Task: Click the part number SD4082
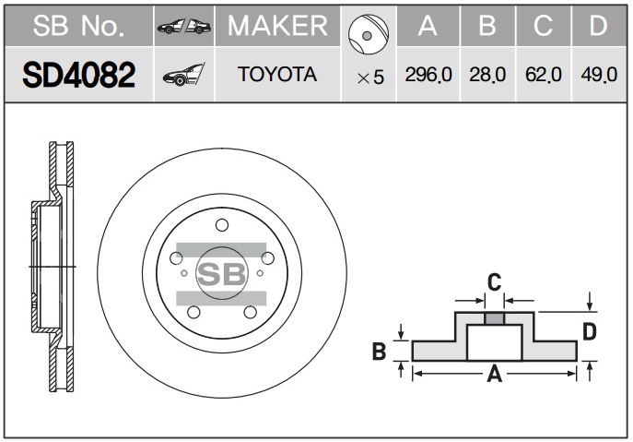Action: click(x=78, y=75)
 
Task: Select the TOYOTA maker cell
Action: click(x=277, y=75)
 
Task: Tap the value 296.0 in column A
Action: click(x=428, y=75)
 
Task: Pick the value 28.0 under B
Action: click(x=487, y=75)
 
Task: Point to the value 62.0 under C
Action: click(x=544, y=75)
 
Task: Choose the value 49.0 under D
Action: click(x=599, y=75)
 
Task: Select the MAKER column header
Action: click(x=277, y=26)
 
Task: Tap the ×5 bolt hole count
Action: click(x=370, y=78)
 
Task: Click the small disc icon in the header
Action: click(x=369, y=35)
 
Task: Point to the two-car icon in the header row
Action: click(x=184, y=26)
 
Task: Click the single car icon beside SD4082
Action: click(x=183, y=75)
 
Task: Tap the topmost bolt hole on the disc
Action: click(x=222, y=225)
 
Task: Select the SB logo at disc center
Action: click(x=221, y=274)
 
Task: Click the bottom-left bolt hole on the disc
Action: click(x=193, y=312)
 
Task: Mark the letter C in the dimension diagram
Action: click(x=494, y=282)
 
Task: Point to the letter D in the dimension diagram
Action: click(x=590, y=332)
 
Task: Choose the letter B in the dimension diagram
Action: click(x=379, y=351)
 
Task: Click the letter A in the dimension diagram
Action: click(x=495, y=374)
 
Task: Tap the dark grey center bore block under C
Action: click(x=495, y=318)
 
